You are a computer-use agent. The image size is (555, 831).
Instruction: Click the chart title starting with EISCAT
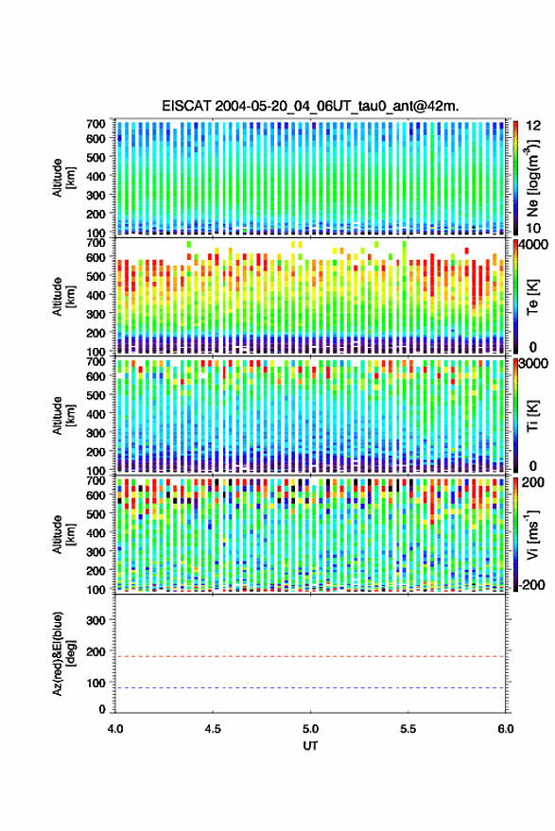click(x=310, y=106)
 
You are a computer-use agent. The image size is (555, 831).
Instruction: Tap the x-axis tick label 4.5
click(x=213, y=729)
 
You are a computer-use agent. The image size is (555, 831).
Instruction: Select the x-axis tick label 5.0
click(x=311, y=729)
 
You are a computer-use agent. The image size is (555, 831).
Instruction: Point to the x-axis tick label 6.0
click(x=505, y=729)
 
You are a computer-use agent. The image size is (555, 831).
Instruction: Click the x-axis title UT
click(x=310, y=746)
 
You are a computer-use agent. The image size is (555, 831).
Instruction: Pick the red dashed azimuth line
click(x=310, y=656)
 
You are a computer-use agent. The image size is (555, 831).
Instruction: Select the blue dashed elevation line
click(x=310, y=688)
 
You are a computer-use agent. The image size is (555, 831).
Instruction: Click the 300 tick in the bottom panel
click(x=95, y=620)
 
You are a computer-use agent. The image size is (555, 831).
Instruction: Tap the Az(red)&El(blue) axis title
click(x=62, y=653)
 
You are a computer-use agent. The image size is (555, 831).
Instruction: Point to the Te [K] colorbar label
click(x=531, y=297)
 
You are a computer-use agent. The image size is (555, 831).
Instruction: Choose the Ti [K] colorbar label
click(x=531, y=416)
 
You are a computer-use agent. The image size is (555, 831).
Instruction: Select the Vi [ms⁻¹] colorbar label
click(x=531, y=534)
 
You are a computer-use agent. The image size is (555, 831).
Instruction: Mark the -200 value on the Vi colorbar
click(x=529, y=584)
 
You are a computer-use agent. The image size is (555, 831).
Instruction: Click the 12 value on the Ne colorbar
click(x=533, y=126)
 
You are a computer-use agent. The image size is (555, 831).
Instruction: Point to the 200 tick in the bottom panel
click(x=95, y=652)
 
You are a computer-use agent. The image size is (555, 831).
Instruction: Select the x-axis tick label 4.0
click(x=115, y=729)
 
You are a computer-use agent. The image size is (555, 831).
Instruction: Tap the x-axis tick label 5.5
click(x=408, y=729)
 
